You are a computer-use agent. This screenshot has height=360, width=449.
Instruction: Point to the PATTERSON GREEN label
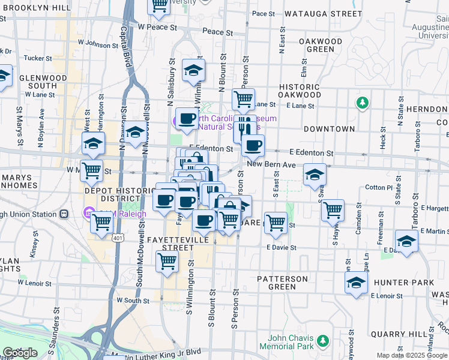(282, 283)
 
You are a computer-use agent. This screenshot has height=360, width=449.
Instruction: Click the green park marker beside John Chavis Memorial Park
(324, 341)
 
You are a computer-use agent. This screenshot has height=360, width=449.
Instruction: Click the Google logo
(20, 353)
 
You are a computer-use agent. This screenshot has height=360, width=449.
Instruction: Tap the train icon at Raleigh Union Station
(63, 214)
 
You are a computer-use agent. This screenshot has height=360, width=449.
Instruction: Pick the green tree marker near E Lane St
(362, 103)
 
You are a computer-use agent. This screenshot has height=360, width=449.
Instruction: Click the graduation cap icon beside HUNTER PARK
(356, 283)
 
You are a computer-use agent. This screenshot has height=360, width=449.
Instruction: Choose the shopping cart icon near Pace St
(159, 5)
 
